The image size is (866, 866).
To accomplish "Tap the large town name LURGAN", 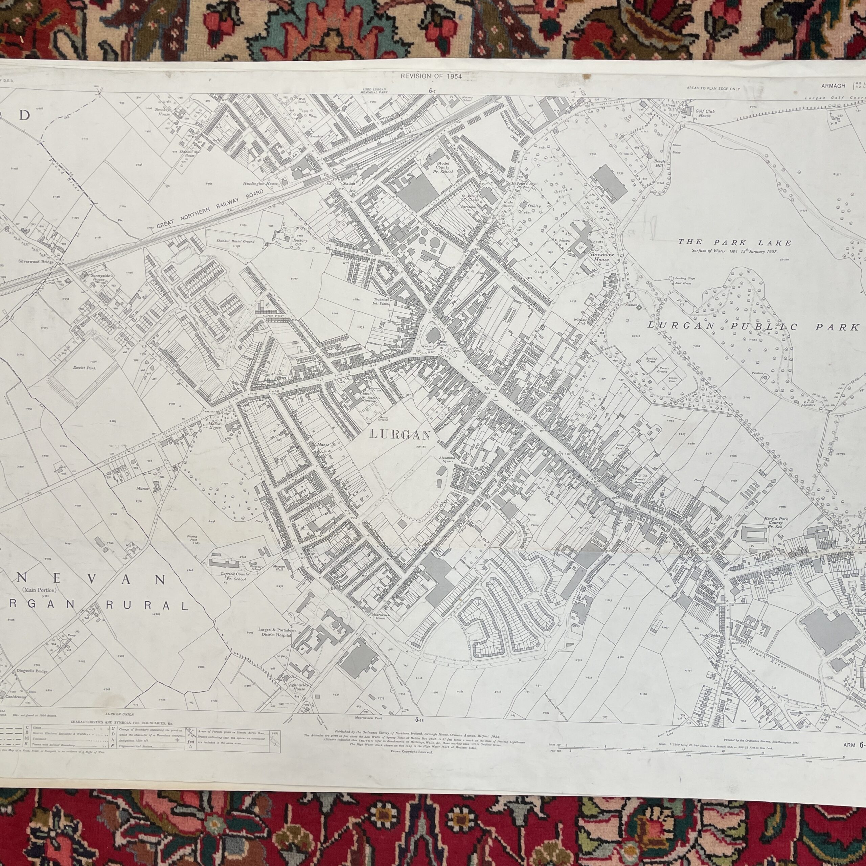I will (400, 435).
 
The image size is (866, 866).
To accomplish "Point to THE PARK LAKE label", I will (735, 243).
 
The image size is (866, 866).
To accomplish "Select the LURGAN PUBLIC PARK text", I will (753, 327).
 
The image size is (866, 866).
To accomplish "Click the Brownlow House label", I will (601, 257).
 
